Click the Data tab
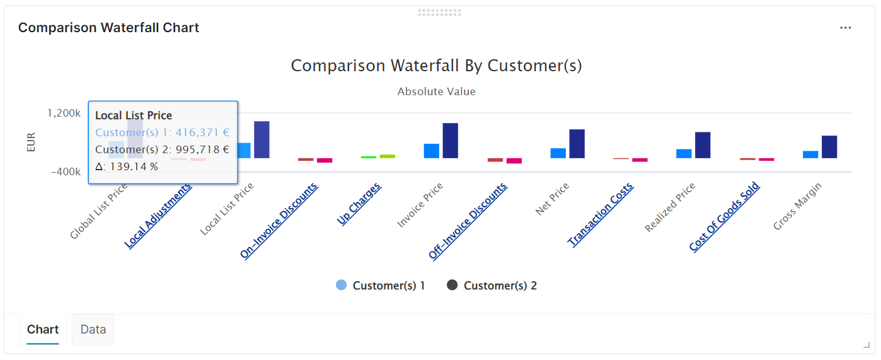[x=93, y=330]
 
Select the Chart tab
[x=43, y=330]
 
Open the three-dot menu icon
[x=845, y=28]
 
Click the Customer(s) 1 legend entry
[x=381, y=286]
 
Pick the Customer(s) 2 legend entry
[x=492, y=286]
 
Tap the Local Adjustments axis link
[x=158, y=216]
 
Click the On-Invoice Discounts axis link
[x=279, y=220]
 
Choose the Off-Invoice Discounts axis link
[x=468, y=221]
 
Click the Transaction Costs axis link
[x=601, y=214]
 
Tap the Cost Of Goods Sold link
[x=725, y=217]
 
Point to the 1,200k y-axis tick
[x=64, y=113]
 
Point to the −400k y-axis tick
[x=66, y=172]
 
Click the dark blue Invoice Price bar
[x=450, y=140]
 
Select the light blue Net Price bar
[x=558, y=153]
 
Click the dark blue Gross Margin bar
[x=829, y=146]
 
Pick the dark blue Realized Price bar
[x=703, y=144]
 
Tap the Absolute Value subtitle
[x=436, y=92]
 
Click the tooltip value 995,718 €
[x=198, y=150]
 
